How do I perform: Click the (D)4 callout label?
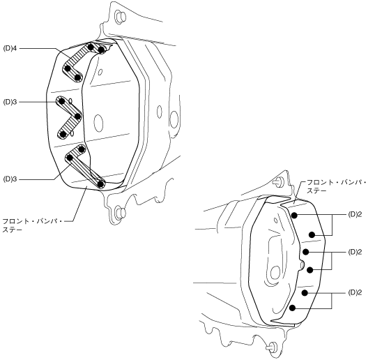point(10,49)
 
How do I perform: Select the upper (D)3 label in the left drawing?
point(10,102)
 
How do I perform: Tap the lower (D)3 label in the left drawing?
point(10,179)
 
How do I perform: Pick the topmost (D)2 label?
point(355,215)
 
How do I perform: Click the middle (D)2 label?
point(355,252)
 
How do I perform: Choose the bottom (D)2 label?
point(355,293)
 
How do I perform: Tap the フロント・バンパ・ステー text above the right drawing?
point(336,187)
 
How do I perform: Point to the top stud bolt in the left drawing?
point(121,17)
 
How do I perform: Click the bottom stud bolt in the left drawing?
point(121,212)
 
